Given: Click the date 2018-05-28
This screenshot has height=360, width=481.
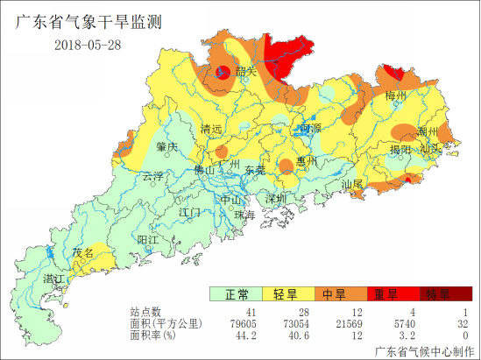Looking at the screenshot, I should pyautogui.click(x=87, y=46).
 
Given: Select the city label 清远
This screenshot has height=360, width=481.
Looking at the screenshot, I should pyautogui.click(x=211, y=130).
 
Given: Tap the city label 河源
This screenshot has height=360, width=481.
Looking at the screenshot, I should pyautogui.click(x=309, y=129).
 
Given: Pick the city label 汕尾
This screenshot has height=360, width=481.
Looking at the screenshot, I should pyautogui.click(x=352, y=184).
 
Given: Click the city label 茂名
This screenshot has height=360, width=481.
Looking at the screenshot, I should pyautogui.click(x=83, y=252).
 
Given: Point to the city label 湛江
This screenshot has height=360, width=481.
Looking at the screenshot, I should pyautogui.click(x=54, y=279).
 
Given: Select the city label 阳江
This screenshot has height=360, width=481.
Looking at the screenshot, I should pyautogui.click(x=148, y=239).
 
